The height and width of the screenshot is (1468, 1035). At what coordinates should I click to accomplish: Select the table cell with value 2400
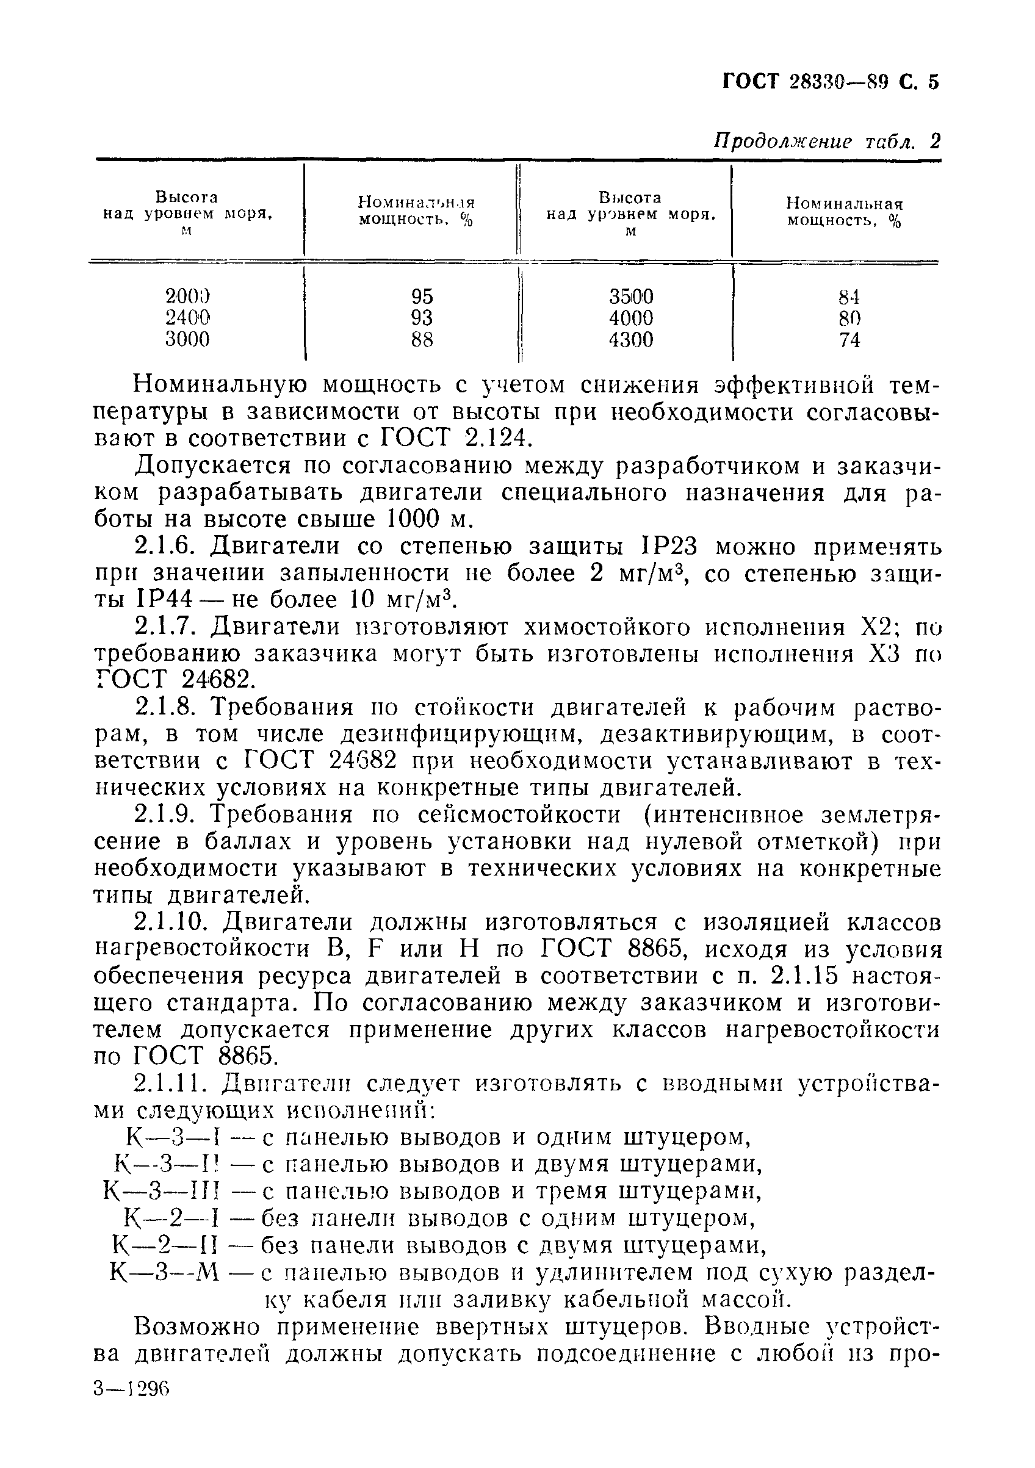point(187,318)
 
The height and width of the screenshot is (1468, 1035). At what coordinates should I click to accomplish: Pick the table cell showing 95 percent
point(422,297)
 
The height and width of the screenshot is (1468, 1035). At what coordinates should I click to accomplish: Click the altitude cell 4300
point(631,339)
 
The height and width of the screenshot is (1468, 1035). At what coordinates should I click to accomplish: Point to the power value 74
point(849,340)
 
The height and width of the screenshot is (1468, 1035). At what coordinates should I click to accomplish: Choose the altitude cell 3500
point(631,297)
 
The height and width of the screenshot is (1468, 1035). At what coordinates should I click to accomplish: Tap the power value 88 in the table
point(422,339)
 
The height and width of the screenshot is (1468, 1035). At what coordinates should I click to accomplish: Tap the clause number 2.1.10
point(174,923)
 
